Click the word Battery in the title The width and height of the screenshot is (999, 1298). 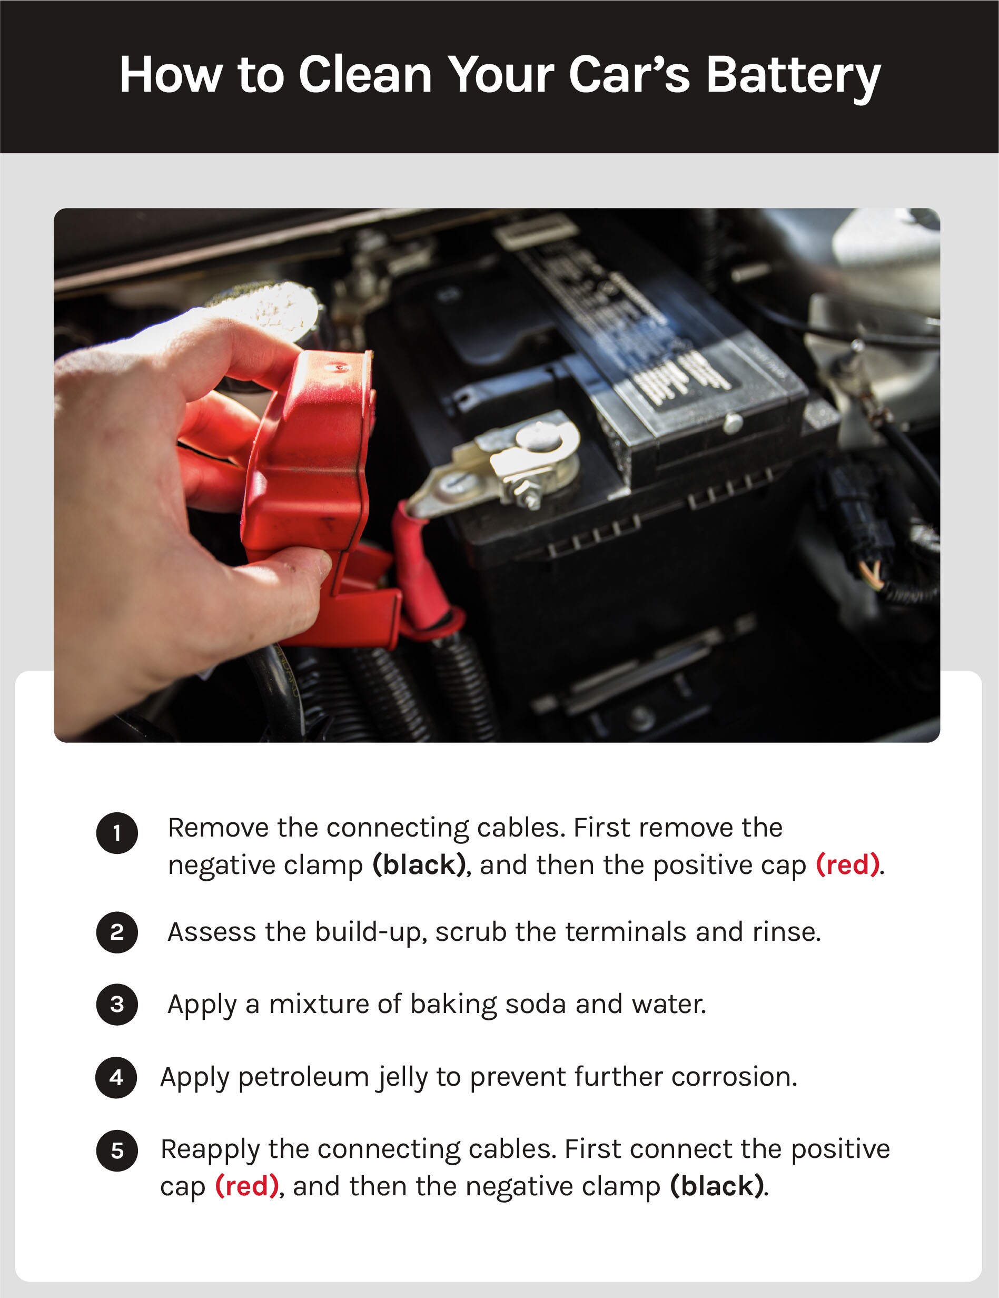click(794, 76)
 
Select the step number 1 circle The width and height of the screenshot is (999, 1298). click(117, 833)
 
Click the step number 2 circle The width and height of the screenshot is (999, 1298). click(117, 932)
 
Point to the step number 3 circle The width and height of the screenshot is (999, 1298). click(117, 1005)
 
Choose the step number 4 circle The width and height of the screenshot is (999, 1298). click(116, 1077)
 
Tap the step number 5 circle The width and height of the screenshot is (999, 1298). click(117, 1150)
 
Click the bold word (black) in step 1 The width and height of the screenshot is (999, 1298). click(419, 865)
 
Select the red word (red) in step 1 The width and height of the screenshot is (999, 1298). click(847, 865)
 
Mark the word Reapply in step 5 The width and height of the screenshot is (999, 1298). click(210, 1150)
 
